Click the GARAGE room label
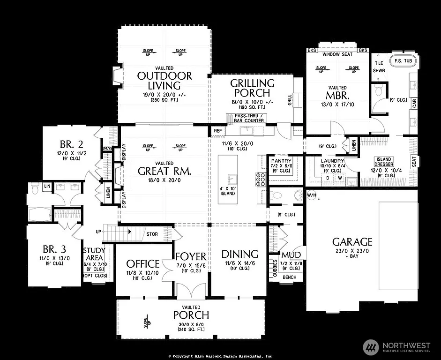(352, 242)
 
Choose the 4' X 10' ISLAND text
(228, 193)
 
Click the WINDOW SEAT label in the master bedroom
(337, 55)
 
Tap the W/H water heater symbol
(311, 195)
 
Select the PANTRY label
(281, 161)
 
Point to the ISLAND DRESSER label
(382, 162)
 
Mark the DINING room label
(239, 254)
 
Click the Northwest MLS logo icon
(371, 346)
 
